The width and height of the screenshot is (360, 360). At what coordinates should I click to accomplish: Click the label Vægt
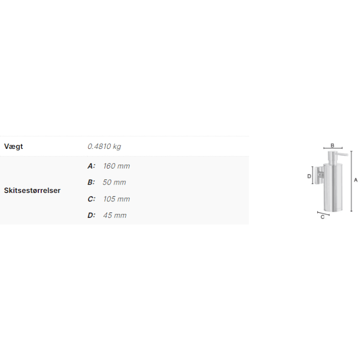[14, 146]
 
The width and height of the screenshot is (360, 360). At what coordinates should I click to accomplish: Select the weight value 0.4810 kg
[104, 146]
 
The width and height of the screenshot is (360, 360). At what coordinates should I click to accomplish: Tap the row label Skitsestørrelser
[32, 191]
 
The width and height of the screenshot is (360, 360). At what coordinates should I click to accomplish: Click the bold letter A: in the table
[92, 166]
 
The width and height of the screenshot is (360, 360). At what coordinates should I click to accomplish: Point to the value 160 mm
[117, 166]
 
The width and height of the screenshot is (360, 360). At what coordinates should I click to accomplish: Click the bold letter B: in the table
[91, 182]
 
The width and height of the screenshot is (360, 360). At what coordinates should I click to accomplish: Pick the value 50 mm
[114, 182]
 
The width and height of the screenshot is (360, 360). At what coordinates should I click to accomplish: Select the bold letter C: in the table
[92, 199]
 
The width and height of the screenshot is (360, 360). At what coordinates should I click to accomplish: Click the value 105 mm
[117, 199]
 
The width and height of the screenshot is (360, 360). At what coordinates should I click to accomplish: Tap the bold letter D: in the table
[92, 216]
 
